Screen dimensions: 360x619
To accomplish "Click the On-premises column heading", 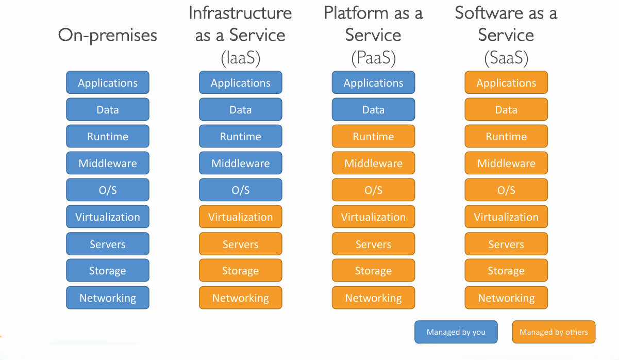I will tap(108, 35).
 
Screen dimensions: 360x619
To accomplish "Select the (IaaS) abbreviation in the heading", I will tap(241, 58).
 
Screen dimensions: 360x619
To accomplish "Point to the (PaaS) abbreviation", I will tap(373, 58).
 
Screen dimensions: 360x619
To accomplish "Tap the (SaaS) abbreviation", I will tap(506, 58).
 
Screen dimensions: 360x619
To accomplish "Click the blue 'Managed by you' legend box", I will tap(456, 332).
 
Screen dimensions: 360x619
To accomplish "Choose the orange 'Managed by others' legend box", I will tap(554, 332).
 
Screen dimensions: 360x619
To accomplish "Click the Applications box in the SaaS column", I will tap(506, 83).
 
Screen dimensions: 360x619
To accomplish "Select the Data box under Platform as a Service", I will tap(373, 109).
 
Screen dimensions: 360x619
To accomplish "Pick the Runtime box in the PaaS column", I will tap(373, 136).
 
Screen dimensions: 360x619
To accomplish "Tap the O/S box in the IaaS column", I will tap(241, 190).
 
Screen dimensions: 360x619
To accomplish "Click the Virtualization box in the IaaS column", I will tap(241, 217).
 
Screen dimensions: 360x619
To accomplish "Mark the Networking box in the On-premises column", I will tap(108, 298).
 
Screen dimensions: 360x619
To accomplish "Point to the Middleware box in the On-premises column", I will tap(108, 163).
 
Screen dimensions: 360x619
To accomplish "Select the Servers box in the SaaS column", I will tap(506, 244).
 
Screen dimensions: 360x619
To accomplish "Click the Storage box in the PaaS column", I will tap(373, 271).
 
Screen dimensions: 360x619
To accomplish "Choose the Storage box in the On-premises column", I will tap(108, 271).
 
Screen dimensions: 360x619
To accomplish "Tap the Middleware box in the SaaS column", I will tap(506, 163).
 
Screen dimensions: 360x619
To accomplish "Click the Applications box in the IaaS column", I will tap(241, 83).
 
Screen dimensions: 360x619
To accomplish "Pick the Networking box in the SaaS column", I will tap(506, 298).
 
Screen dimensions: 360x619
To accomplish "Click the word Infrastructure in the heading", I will tap(241, 13).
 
